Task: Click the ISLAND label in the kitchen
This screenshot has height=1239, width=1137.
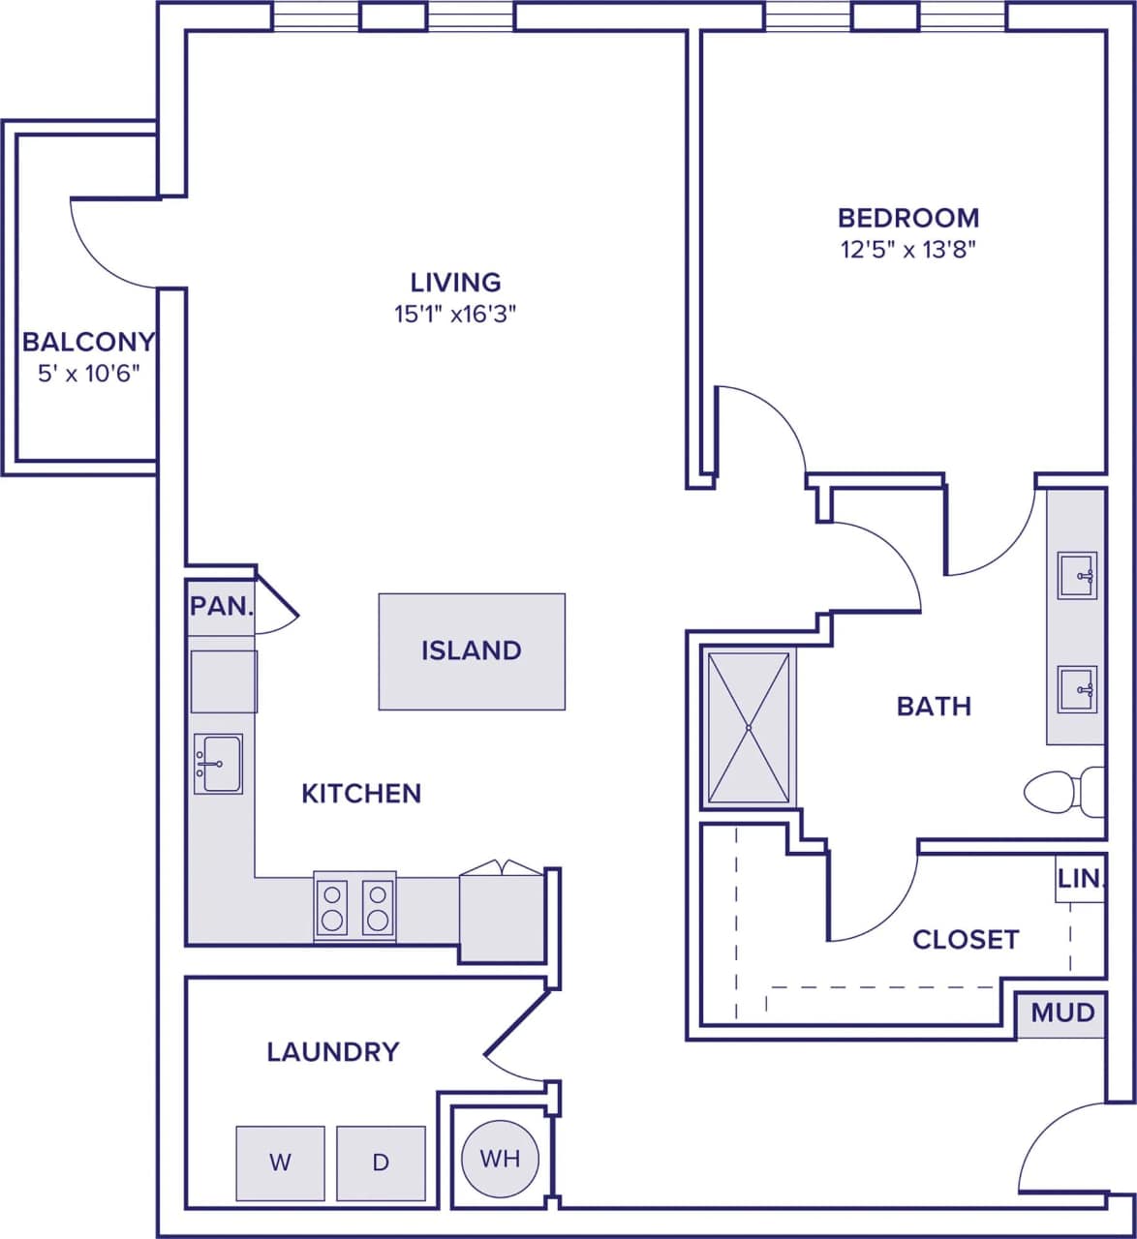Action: click(x=472, y=650)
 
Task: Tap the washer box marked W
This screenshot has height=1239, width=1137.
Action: click(x=280, y=1163)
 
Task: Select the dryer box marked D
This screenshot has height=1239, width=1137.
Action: click(x=381, y=1163)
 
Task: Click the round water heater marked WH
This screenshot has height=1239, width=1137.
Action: click(x=500, y=1159)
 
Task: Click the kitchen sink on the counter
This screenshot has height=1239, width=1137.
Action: click(x=218, y=764)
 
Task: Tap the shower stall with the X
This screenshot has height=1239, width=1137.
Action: click(x=749, y=727)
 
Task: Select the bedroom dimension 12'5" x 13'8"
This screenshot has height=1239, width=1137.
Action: click(x=907, y=250)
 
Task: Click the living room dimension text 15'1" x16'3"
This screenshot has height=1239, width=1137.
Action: click(x=455, y=314)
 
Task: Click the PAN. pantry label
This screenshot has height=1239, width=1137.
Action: click(x=221, y=607)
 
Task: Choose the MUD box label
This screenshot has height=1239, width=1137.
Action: click(x=1062, y=1013)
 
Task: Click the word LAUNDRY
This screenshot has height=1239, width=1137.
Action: click(x=332, y=1051)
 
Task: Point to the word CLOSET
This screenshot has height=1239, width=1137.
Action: click(x=966, y=939)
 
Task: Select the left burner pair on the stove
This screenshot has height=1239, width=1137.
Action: click(x=331, y=906)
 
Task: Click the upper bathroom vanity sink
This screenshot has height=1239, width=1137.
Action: click(x=1076, y=576)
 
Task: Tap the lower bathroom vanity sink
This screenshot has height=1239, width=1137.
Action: click(x=1076, y=689)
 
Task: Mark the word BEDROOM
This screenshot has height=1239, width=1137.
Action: click(x=907, y=218)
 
